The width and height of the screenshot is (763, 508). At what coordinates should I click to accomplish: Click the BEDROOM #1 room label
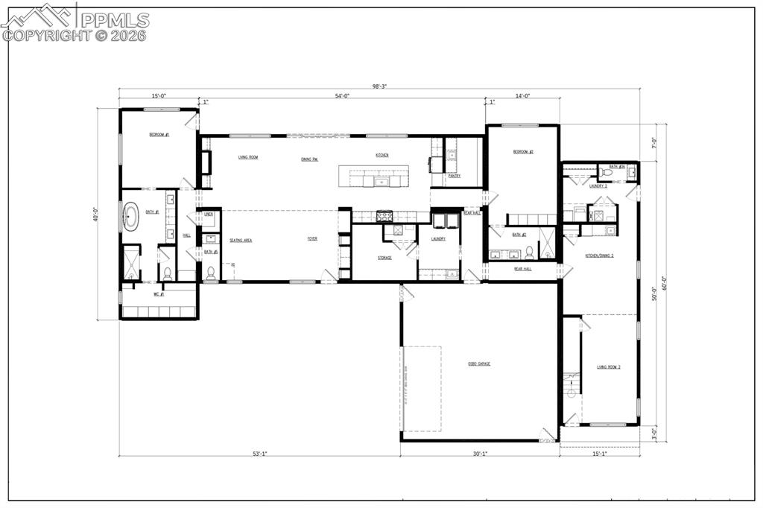pyautogui.click(x=159, y=135)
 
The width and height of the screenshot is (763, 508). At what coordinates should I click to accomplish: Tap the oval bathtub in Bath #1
pyautogui.click(x=131, y=217)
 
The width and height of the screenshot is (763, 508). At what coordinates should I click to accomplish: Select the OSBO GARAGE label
pyautogui.click(x=478, y=363)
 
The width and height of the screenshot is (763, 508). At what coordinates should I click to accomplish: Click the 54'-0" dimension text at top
pyautogui.click(x=343, y=96)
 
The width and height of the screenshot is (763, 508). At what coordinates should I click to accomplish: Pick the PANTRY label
pyautogui.click(x=454, y=176)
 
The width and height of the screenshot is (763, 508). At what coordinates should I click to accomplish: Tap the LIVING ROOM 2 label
pyautogui.click(x=608, y=367)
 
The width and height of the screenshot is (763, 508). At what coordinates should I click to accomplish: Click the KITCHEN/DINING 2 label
pyautogui.click(x=599, y=255)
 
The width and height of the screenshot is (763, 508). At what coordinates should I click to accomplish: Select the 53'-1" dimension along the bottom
pyautogui.click(x=259, y=453)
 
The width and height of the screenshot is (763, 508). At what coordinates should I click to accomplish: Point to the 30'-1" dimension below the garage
pyautogui.click(x=479, y=453)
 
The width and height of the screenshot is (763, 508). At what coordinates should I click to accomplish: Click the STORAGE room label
pyautogui.click(x=384, y=258)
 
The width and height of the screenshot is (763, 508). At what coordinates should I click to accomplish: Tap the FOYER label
pyautogui.click(x=313, y=239)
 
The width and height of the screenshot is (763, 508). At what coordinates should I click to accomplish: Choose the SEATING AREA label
pyautogui.click(x=241, y=240)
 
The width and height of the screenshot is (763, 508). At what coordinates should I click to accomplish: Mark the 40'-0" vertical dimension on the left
pyautogui.click(x=95, y=214)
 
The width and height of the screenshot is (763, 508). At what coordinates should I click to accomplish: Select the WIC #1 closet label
pyautogui.click(x=158, y=293)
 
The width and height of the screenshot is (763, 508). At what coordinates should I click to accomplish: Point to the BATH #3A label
pyautogui.click(x=617, y=167)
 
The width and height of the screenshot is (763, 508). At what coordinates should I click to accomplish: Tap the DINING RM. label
pyautogui.click(x=310, y=159)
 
